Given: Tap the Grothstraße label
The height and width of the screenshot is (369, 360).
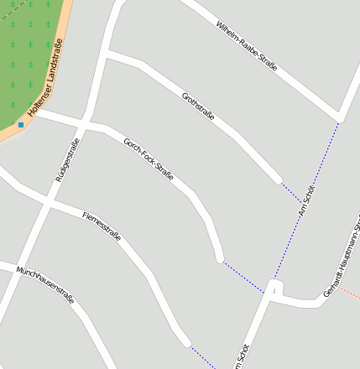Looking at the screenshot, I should tap(198, 107).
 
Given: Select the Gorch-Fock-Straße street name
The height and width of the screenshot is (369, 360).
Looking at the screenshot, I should tap(148, 159).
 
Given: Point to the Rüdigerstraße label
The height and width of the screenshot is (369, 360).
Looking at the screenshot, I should tap(66, 160).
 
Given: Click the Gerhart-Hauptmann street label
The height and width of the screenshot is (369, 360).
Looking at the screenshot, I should tap(342, 259).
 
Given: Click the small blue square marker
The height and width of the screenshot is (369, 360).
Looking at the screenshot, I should tap(21, 124).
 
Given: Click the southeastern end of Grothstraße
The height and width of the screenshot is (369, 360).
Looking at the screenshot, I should tap(278, 179).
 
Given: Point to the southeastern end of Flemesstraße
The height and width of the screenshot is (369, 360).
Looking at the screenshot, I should tap(186, 341).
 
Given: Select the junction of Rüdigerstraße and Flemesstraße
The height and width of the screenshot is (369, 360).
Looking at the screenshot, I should tap(48, 203).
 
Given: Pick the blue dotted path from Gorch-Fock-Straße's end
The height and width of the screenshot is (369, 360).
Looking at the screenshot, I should tap(243, 276).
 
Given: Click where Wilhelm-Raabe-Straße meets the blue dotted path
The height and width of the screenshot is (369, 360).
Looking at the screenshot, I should tap(339, 117).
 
